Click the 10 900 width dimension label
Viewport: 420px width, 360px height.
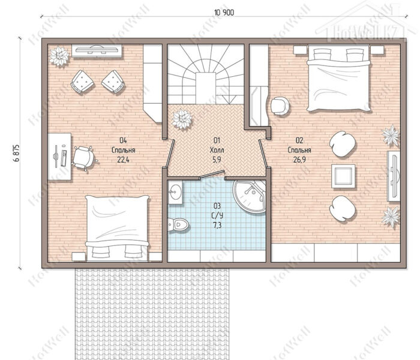[224, 13]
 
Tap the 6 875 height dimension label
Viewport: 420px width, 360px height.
[16, 153]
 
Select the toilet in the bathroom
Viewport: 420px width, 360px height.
[178, 224]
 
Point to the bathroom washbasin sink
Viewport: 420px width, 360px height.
[175, 193]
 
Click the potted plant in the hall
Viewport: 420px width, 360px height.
[182, 119]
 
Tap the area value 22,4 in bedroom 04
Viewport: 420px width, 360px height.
[123, 160]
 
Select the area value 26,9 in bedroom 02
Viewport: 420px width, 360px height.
[299, 160]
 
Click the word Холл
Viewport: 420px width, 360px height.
[217, 150]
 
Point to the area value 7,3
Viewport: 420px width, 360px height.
[217, 225]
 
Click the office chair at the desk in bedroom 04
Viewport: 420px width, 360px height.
[84, 157]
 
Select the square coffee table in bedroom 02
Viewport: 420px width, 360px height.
[343, 176]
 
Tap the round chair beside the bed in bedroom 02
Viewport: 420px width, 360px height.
[280, 106]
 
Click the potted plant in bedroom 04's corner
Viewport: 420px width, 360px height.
[59, 56]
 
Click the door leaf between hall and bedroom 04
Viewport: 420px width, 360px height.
[170, 154]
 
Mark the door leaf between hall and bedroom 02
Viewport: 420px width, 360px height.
[263, 154]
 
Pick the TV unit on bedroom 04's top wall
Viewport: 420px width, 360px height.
[97, 50]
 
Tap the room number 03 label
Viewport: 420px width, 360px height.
[217, 206]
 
